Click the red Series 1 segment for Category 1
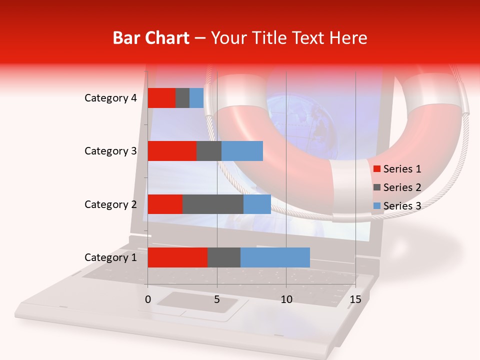(x=177, y=257)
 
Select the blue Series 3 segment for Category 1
(x=275, y=257)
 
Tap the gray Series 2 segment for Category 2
(x=212, y=204)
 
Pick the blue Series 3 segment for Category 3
(x=242, y=151)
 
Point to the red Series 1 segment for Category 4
(x=161, y=98)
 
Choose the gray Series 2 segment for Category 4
(x=182, y=98)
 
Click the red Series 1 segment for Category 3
(x=172, y=151)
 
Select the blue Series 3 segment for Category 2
(x=257, y=204)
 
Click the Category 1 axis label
(x=110, y=257)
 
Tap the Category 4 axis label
(x=110, y=98)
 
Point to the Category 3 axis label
(x=110, y=151)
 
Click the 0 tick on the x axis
(x=148, y=299)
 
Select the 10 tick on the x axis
(x=286, y=299)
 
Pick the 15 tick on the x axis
(x=355, y=299)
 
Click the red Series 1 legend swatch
(x=376, y=169)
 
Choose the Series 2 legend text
(x=402, y=187)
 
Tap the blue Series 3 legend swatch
(x=376, y=206)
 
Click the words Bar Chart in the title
(x=150, y=38)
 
